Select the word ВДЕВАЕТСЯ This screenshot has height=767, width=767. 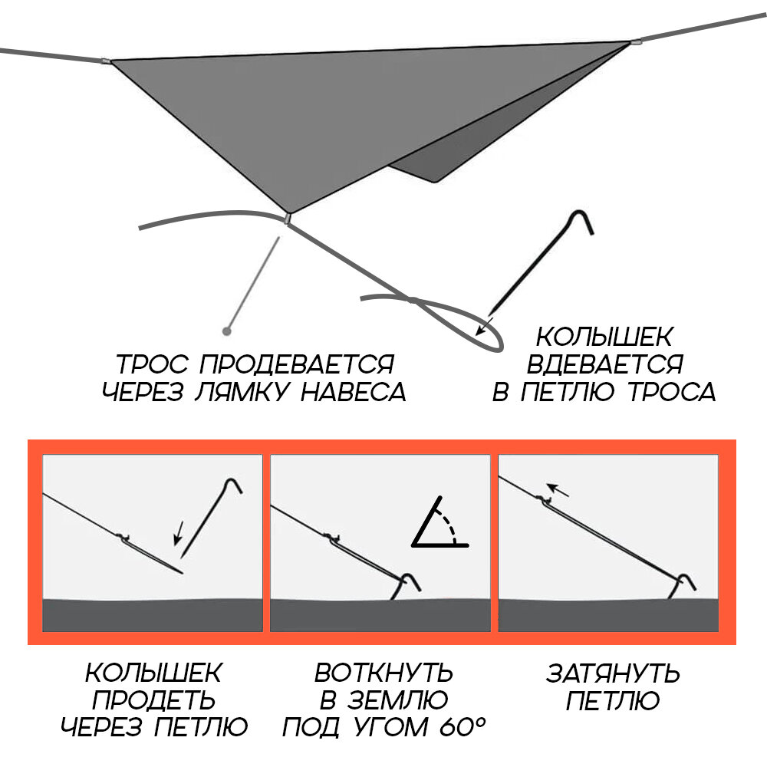[604, 364]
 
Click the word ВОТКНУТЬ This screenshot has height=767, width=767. [383, 673]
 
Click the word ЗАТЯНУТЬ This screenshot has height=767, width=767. [613, 673]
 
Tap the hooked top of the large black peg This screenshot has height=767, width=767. [581, 221]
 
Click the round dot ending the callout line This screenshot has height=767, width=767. [226, 331]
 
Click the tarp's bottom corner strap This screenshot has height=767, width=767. [287, 219]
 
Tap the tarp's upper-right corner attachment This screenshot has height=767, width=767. [634, 41]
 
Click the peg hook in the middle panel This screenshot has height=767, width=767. [410, 581]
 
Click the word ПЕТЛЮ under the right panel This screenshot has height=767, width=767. [613, 700]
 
